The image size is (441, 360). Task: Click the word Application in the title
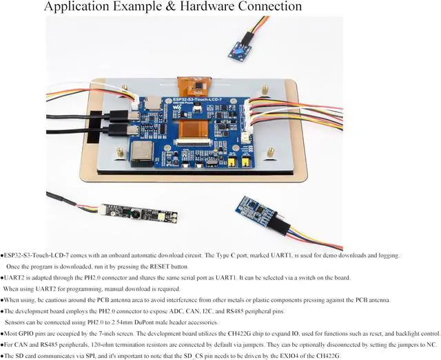[x=78, y=7]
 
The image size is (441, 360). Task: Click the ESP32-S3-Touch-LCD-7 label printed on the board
[x=208, y=100]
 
